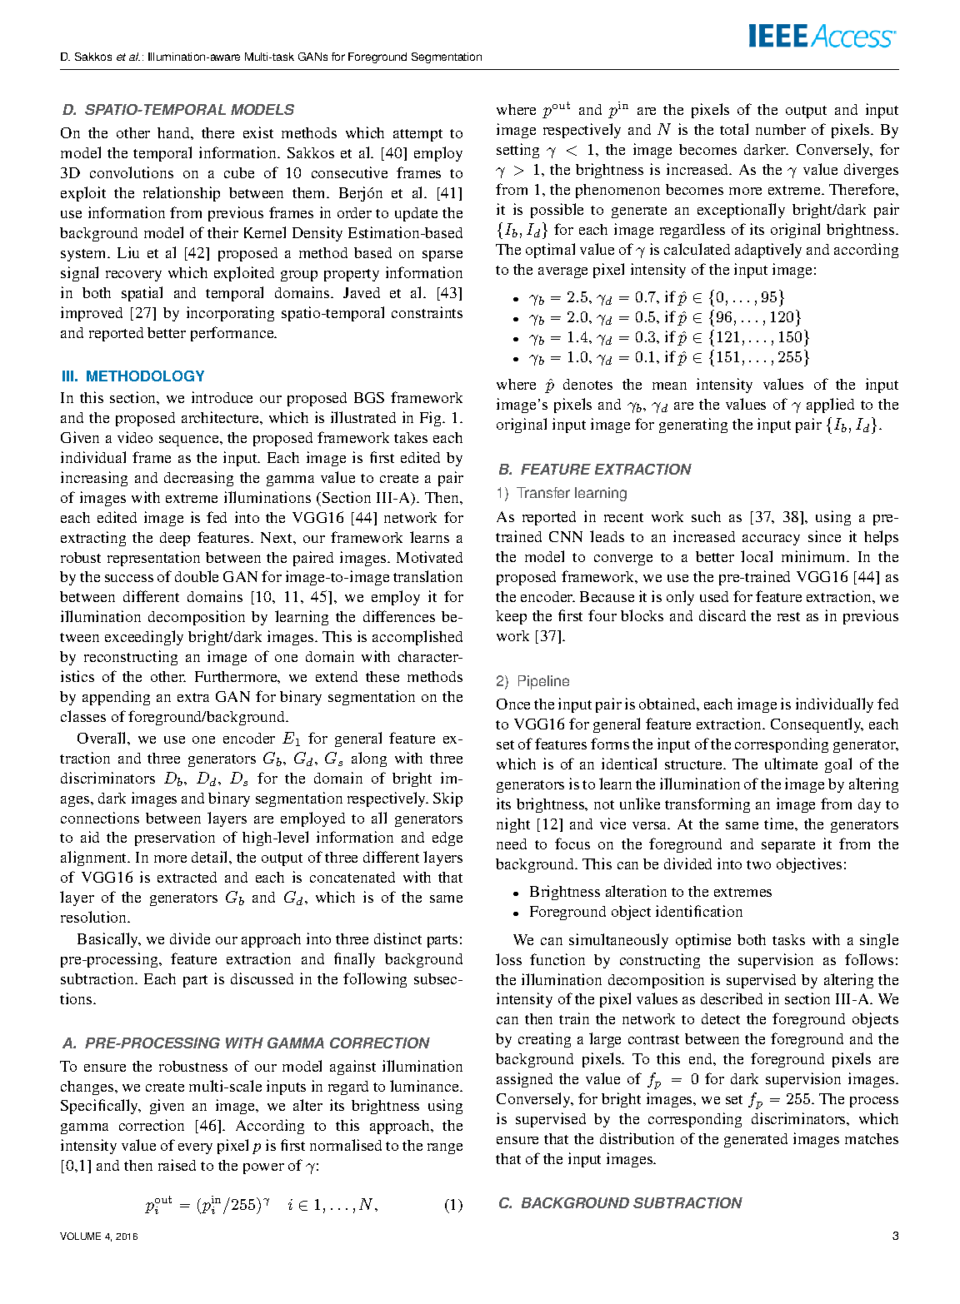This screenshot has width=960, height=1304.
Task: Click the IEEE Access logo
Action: [822, 37]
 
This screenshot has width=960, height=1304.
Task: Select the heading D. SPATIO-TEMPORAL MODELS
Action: [178, 110]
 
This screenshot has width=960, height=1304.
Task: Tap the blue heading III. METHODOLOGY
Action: [133, 376]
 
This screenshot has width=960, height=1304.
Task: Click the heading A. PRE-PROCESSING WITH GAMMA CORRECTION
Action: [246, 1043]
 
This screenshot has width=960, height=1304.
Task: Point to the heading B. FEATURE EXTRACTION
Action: [594, 470]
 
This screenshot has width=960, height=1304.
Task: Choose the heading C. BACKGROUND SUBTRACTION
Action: [619, 1203]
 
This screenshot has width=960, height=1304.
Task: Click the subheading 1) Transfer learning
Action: [562, 493]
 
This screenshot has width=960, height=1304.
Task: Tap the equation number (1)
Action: [452, 1205]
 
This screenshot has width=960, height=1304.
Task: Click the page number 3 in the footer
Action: [895, 1236]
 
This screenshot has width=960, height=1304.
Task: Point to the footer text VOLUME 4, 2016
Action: [99, 1237]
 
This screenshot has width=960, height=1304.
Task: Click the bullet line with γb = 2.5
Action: [657, 297]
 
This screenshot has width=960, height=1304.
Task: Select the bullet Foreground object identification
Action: [636, 912]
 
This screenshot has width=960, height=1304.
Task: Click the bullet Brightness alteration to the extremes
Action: [650, 892]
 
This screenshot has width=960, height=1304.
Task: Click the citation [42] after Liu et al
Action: [197, 253]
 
